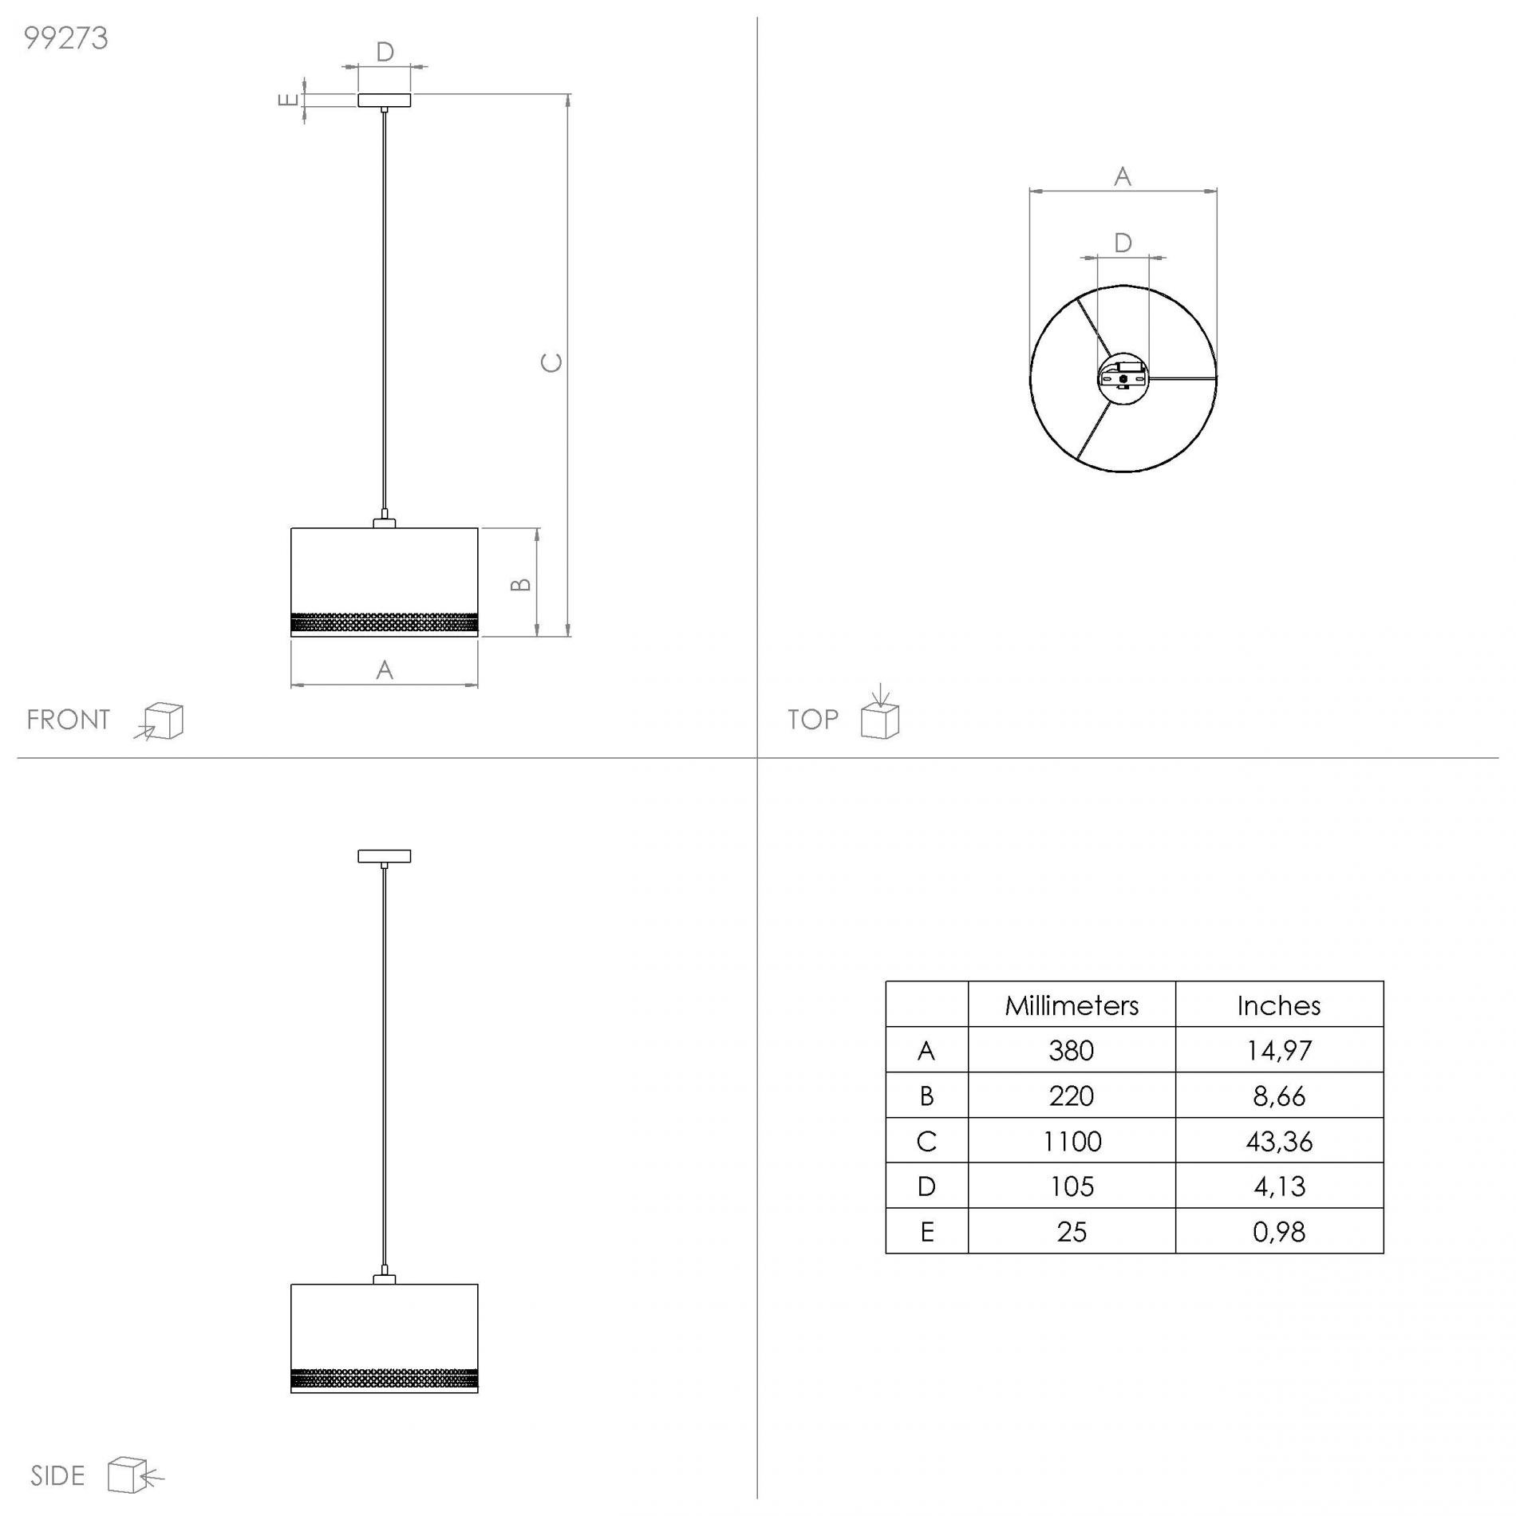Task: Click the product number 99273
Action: coord(66,38)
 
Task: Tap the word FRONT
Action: coord(68,720)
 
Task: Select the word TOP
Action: coord(813,720)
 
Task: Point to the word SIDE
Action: coord(57,1476)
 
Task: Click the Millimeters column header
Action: coord(1072,1005)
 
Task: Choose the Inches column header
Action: coord(1279,1005)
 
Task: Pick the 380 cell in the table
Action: coord(1072,1050)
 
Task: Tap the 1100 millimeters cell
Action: coord(1072,1141)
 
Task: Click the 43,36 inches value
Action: coord(1279,1141)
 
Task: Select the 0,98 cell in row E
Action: coord(1279,1232)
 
